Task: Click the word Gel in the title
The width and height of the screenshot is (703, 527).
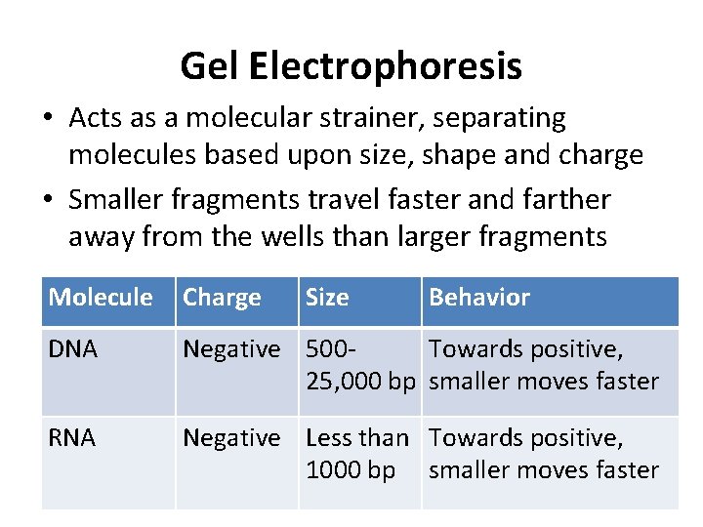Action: click(x=210, y=66)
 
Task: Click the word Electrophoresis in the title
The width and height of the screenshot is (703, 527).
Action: click(x=386, y=66)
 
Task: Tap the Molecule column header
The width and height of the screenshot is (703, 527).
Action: click(x=101, y=298)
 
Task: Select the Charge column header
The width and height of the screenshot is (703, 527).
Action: click(x=223, y=298)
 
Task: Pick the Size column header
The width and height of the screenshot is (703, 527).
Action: click(x=327, y=298)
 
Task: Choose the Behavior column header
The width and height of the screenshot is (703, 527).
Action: click(x=479, y=298)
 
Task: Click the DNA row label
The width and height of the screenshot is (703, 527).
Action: click(x=73, y=349)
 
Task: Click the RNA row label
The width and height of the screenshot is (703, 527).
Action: click(x=73, y=438)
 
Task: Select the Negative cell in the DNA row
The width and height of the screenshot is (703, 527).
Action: click(x=231, y=349)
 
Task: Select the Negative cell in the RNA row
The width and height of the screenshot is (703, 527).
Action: click(x=231, y=438)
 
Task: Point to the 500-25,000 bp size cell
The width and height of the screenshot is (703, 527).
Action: click(x=360, y=365)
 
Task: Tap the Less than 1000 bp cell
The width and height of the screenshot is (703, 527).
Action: click(x=356, y=454)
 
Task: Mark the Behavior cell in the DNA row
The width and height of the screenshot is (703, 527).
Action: click(x=544, y=365)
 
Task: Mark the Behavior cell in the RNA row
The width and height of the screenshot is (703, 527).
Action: click(x=544, y=454)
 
